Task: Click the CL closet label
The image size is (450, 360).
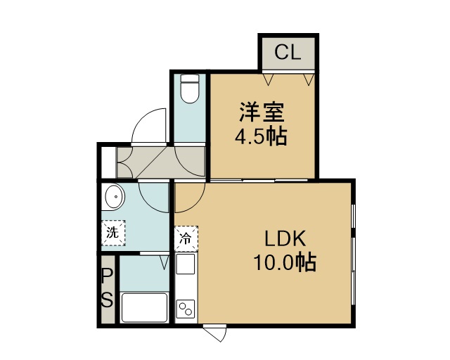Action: pos(288,53)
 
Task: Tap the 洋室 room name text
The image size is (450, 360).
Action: pos(262,112)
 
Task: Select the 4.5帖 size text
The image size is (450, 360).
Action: pos(261,136)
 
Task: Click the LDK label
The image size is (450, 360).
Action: pos(285,239)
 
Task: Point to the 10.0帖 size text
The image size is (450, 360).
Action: pos(284,262)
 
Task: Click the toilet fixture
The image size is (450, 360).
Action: pos(190,89)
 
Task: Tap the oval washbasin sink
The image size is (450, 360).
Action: pos(115,197)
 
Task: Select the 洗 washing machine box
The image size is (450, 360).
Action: pos(113,233)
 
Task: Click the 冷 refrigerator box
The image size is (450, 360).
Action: pos(186,238)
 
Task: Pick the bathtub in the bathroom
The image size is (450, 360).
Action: pos(144,307)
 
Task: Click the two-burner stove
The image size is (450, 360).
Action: pos(186,309)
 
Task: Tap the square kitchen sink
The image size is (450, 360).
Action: pos(186,264)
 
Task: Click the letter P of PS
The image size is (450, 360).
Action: pos(107,277)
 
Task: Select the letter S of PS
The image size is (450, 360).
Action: pos(107,300)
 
